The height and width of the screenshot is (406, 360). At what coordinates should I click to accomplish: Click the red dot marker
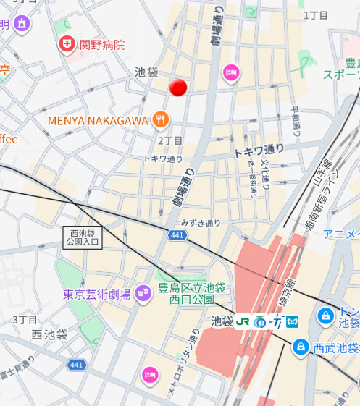[178, 88]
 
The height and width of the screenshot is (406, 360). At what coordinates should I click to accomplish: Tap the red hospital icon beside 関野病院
[67, 45]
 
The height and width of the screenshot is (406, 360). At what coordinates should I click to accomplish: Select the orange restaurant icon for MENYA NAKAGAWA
[161, 119]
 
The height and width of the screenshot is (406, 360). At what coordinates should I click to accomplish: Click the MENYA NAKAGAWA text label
[98, 120]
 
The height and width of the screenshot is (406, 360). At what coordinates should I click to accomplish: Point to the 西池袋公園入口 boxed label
[82, 238]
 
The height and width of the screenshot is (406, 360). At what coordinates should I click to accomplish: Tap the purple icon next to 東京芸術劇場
[143, 293]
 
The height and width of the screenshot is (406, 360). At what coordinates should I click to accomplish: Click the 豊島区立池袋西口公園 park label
[186, 293]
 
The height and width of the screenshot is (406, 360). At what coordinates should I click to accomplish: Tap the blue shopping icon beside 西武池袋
[299, 347]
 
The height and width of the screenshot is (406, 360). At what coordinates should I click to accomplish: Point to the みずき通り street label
[201, 223]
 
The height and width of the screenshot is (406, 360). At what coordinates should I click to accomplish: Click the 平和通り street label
[296, 121]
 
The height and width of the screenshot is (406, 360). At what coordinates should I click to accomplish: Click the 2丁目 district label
[170, 140]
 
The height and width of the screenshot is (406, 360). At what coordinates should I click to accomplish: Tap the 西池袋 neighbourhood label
[49, 334]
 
